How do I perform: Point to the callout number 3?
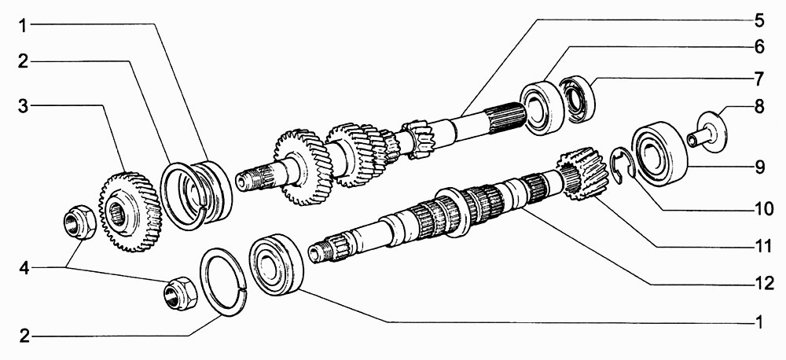(x=24, y=106)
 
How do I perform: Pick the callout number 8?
(x=758, y=107)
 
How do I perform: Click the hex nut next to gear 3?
(x=79, y=222)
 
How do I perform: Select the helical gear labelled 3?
(x=130, y=211)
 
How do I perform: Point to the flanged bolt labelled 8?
(x=707, y=131)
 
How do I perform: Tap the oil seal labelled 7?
(x=578, y=99)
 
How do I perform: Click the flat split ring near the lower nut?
(x=223, y=282)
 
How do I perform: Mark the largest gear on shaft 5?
(x=303, y=167)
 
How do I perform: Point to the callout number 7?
(x=758, y=79)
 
